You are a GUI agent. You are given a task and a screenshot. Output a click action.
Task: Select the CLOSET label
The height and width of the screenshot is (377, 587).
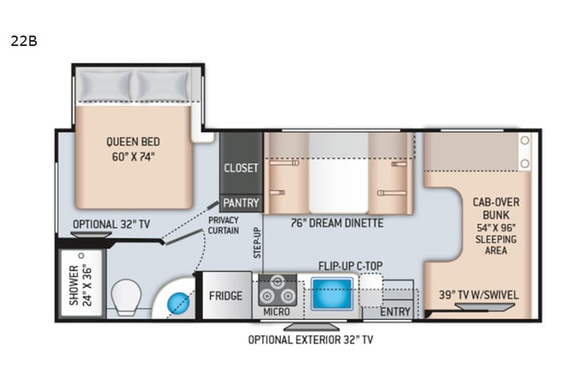[x=242, y=168]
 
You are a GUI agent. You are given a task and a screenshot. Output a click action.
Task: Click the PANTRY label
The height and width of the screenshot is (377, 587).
[x=242, y=203]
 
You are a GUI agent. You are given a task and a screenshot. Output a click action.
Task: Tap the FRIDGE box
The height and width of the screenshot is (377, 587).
[x=226, y=296]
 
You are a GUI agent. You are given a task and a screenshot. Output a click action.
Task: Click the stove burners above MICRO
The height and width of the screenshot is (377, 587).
[x=276, y=287]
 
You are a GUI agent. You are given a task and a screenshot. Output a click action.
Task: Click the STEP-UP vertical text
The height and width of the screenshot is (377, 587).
[x=257, y=240]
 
